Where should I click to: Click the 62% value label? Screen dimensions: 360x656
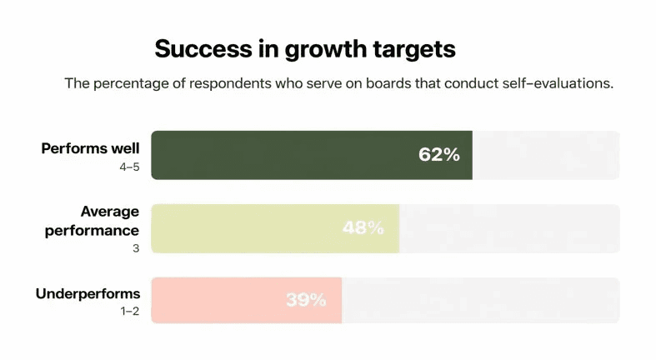tap(439, 155)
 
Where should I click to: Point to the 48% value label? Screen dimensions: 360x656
tap(363, 227)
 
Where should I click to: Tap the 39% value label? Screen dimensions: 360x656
tap(306, 300)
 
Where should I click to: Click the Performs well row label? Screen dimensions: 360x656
tap(91, 149)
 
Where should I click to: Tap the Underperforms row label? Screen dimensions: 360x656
tap(88, 294)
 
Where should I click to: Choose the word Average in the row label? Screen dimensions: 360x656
tap(110, 212)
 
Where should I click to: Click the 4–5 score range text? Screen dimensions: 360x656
tap(128, 167)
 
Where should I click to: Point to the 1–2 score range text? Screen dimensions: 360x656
tap(129, 312)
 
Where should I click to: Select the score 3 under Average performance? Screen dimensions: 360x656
tap(136, 247)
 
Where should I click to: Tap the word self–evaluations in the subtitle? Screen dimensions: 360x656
tap(556, 84)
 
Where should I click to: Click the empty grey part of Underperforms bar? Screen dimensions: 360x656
tap(479, 300)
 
